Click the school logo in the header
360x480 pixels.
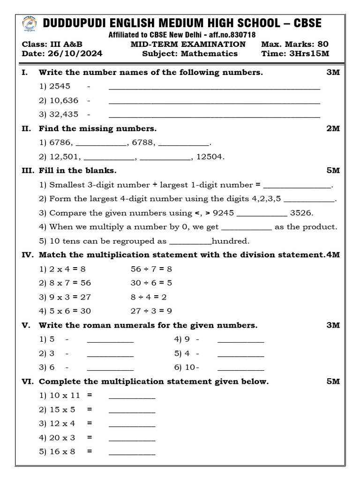[30, 23]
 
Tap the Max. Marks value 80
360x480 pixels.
[322, 44]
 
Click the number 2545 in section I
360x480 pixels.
[60, 86]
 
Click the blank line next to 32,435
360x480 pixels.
[214, 115]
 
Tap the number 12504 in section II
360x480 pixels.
[210, 157]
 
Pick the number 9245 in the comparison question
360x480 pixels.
[223, 213]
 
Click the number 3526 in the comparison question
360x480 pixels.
[301, 213]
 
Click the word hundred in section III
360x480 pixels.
[231, 241]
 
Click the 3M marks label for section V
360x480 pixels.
[333, 325]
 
